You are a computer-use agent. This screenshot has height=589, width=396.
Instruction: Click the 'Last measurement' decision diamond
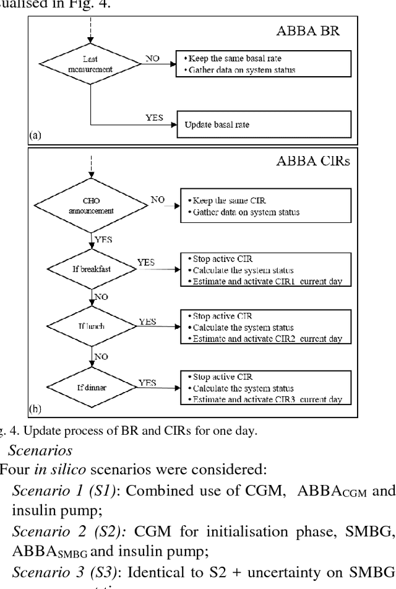click(90, 64)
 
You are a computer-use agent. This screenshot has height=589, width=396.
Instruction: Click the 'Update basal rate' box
click(264, 124)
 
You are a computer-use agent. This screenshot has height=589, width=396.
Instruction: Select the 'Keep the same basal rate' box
click(264, 64)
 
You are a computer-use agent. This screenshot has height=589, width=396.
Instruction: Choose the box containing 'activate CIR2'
click(264, 328)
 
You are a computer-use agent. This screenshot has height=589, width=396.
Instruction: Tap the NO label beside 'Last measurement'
click(152, 57)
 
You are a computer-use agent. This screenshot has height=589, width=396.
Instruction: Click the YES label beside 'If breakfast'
click(146, 263)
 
